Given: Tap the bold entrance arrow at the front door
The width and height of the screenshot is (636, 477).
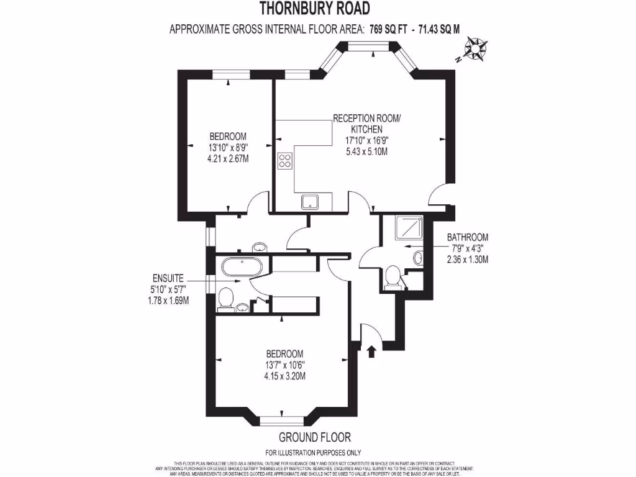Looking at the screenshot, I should click(x=372, y=352).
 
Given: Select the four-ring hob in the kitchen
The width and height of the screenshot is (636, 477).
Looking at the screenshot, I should click(x=285, y=160).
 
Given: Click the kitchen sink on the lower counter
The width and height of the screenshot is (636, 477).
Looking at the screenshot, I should click(x=309, y=201).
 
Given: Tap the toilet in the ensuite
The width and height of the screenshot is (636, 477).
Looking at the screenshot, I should click(x=225, y=299).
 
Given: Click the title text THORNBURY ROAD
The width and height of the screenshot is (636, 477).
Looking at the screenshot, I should click(x=314, y=8).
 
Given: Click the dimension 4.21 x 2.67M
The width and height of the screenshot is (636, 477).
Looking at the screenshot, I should click(x=228, y=158).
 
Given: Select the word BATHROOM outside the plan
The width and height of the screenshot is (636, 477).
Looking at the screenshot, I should click(x=467, y=237).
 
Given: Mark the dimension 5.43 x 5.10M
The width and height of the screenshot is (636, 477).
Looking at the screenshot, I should click(x=367, y=151).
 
